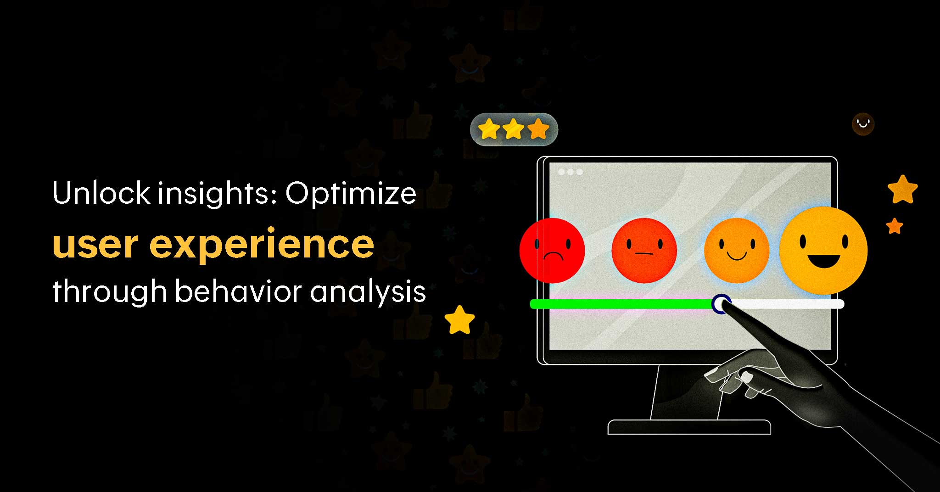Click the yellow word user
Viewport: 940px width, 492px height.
(x=96, y=245)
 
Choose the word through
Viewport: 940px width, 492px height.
(x=110, y=292)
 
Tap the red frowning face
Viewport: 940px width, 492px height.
(x=552, y=250)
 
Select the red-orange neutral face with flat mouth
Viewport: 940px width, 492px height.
(x=644, y=250)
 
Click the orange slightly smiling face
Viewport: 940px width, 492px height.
(x=737, y=250)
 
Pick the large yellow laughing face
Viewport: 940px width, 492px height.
(x=823, y=251)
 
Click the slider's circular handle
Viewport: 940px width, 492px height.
(x=721, y=304)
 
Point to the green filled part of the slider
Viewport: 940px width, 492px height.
(x=621, y=304)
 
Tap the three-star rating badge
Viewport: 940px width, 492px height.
(x=514, y=129)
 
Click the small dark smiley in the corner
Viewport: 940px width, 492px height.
(x=863, y=124)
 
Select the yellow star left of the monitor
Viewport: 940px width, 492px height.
(x=459, y=320)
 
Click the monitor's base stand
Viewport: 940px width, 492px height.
(x=689, y=427)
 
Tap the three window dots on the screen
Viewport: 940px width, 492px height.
(x=571, y=172)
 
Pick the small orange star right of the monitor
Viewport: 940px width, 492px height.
(x=895, y=226)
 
